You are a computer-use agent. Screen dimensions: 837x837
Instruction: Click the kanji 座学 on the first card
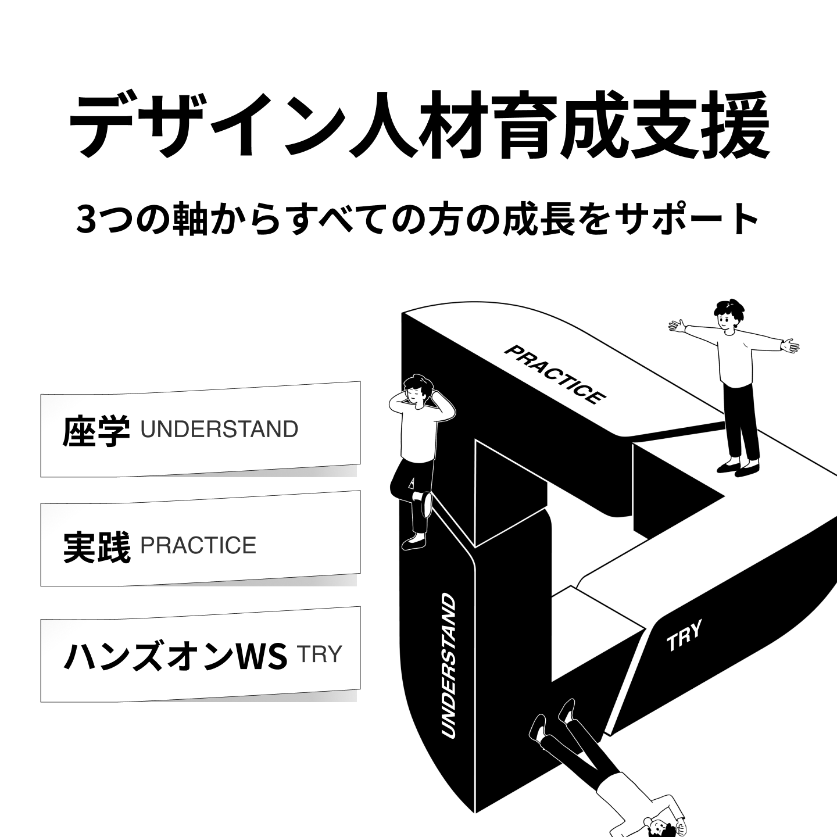(96, 431)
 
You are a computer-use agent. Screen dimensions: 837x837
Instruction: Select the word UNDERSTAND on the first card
(219, 430)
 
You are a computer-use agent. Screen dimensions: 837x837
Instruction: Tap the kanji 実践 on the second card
(96, 547)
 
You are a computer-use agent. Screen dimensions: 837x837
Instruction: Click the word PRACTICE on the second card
(198, 546)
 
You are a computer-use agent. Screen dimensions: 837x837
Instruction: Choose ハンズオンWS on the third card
(174, 656)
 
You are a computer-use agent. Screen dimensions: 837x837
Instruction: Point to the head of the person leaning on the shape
(417, 391)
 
